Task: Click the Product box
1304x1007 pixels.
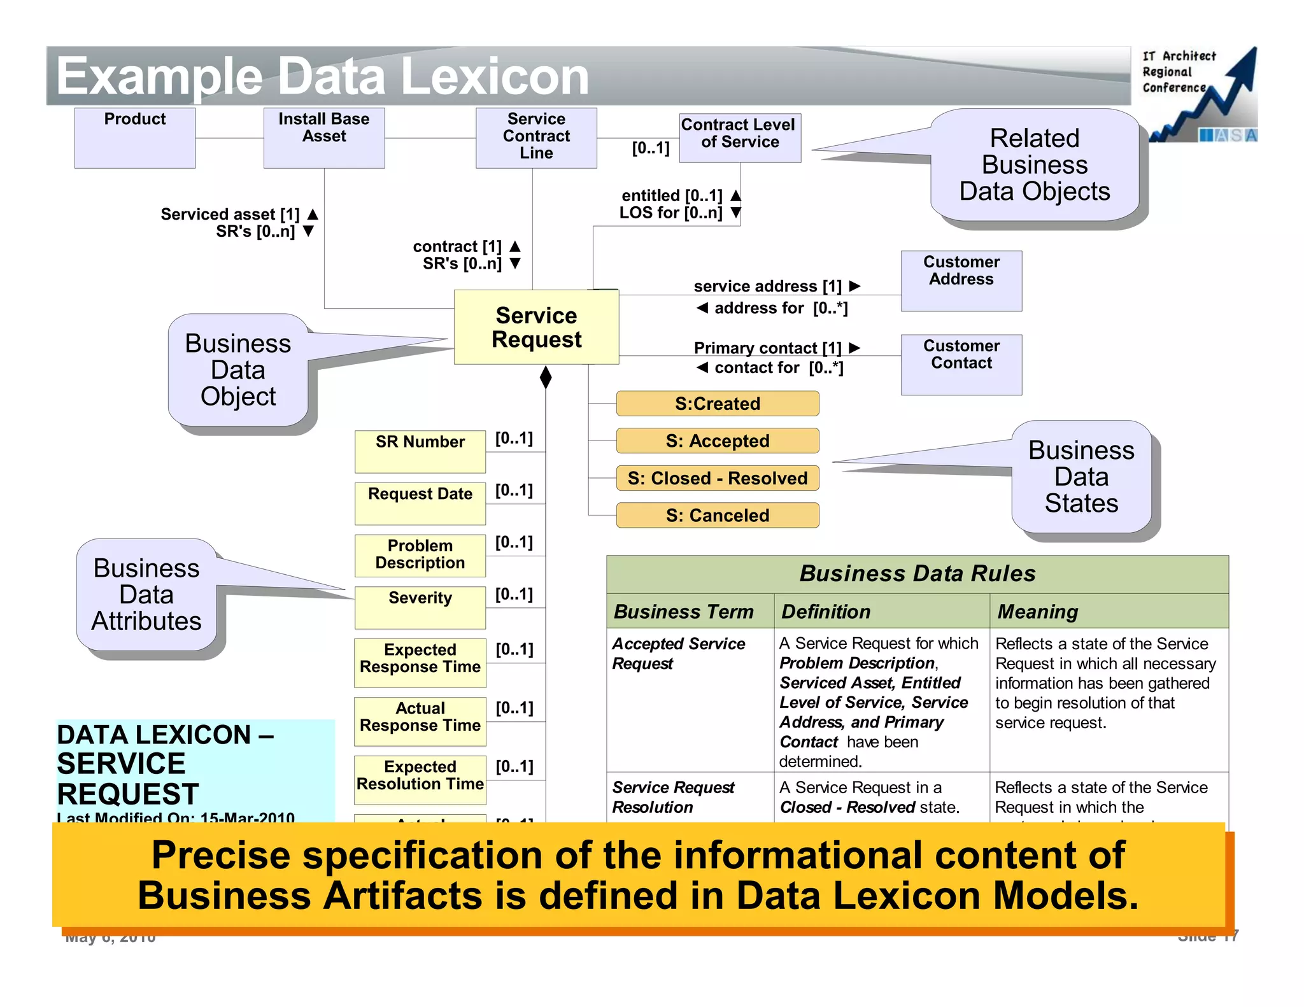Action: [134, 137]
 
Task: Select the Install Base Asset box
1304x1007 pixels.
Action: [323, 137]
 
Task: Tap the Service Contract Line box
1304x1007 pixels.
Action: [535, 137]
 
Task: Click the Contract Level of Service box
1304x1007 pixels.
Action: [739, 137]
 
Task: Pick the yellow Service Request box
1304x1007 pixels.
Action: [535, 327]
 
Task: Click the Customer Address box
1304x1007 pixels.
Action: [961, 281]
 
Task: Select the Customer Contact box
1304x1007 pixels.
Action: [961, 365]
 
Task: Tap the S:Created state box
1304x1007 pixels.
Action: [717, 404]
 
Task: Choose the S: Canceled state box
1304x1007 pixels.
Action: [717, 516]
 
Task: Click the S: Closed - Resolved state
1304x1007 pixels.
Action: [717, 478]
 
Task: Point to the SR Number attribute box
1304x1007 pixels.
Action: [420, 451]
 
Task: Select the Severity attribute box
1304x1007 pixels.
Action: [420, 607]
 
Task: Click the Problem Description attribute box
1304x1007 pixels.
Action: [420, 555]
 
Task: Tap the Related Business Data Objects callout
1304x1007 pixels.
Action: [1034, 165]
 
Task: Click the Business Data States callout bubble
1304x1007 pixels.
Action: [1081, 477]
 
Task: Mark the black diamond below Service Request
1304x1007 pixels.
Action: [545, 377]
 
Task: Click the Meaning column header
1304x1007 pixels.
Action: [1037, 612]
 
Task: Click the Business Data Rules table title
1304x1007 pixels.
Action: [917, 574]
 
